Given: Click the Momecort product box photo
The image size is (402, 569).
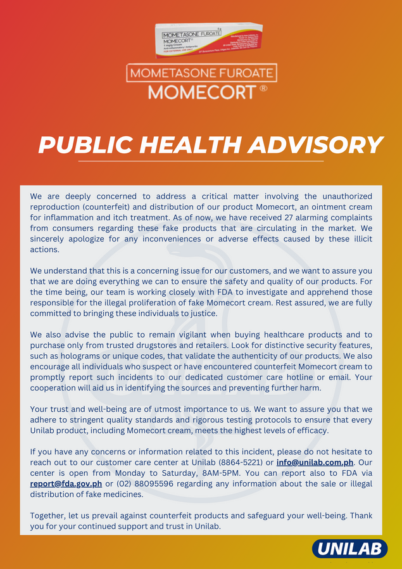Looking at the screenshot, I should coord(208,41).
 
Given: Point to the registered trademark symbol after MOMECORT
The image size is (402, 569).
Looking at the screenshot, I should coord(263,89).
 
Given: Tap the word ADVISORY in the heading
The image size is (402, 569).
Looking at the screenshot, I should coord(315,145).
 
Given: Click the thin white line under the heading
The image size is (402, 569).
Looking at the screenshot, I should coord(201,162).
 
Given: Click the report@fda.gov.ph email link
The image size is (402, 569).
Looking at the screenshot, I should coord(66,483).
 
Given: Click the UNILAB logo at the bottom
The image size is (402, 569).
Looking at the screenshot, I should coord(349,549).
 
